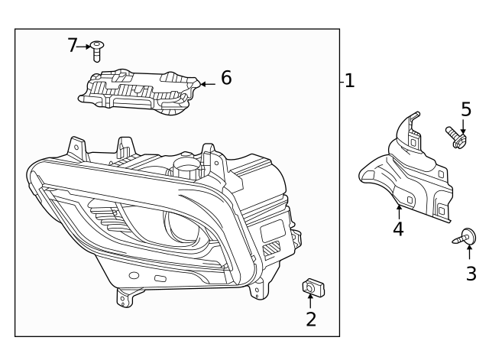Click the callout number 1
click(x=350, y=80)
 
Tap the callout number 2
click(x=311, y=319)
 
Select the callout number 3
click(x=471, y=273)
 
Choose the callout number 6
click(x=226, y=78)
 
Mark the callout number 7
click(x=73, y=46)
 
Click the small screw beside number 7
click(x=97, y=50)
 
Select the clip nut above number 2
click(x=311, y=287)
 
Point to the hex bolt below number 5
click(x=456, y=138)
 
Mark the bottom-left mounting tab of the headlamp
click(x=125, y=297)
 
